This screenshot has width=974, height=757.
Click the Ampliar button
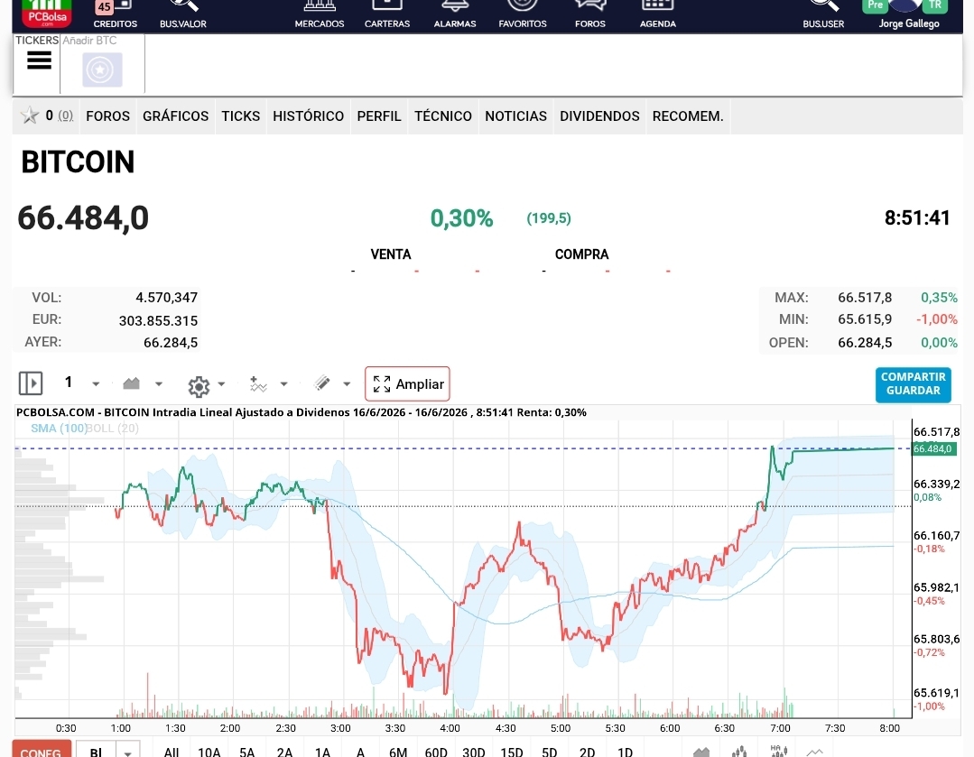pyautogui.click(x=407, y=383)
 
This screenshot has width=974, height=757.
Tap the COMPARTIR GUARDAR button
pyautogui.click(x=914, y=383)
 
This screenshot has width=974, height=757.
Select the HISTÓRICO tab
pyautogui.click(x=308, y=116)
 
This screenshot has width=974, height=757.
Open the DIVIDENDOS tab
pyautogui.click(x=599, y=116)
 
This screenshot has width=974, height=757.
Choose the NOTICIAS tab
pyautogui.click(x=515, y=116)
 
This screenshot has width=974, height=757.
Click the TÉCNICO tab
pyautogui.click(x=443, y=116)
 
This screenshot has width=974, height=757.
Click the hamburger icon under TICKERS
pyautogui.click(x=39, y=60)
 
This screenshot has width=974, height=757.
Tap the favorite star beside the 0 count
pyautogui.click(x=29, y=115)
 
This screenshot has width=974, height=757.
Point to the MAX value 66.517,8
pyautogui.click(x=865, y=298)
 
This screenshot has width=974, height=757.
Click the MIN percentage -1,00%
pyautogui.click(x=937, y=319)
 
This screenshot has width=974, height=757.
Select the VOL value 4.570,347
pyautogui.click(x=166, y=298)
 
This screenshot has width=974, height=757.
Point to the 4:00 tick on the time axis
pyautogui.click(x=450, y=728)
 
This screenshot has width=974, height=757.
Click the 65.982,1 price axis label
pyautogui.click(x=936, y=587)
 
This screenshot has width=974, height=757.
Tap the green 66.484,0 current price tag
pyautogui.click(x=933, y=448)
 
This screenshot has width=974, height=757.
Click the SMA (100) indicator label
pyautogui.click(x=59, y=428)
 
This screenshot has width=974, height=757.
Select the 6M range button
pyautogui.click(x=398, y=752)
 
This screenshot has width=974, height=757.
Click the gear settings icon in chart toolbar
pyautogui.click(x=199, y=386)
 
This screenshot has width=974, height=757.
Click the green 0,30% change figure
pyautogui.click(x=461, y=218)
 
